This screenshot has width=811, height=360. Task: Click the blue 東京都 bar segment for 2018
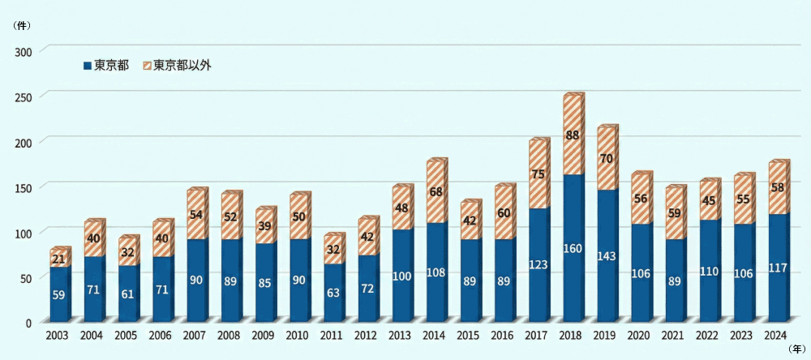point(572,247)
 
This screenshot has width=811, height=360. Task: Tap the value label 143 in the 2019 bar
point(606,256)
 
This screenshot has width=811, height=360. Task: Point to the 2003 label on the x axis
point(58,335)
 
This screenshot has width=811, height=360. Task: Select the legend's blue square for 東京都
point(88,65)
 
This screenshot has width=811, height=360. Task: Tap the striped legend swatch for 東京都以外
point(147,65)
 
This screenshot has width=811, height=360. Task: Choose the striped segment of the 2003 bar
point(60,258)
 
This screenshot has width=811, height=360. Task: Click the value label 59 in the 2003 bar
point(60,295)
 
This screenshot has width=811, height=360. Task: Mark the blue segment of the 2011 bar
point(333,292)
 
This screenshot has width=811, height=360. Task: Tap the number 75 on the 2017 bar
point(538,174)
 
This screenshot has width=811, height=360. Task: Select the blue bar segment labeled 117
point(777,268)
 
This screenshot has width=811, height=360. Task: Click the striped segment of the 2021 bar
point(674,214)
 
